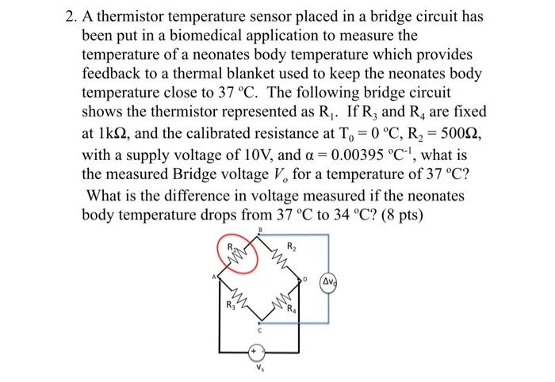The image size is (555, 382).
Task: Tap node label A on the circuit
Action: click(x=212, y=277)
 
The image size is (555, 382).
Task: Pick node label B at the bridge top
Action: click(x=257, y=231)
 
